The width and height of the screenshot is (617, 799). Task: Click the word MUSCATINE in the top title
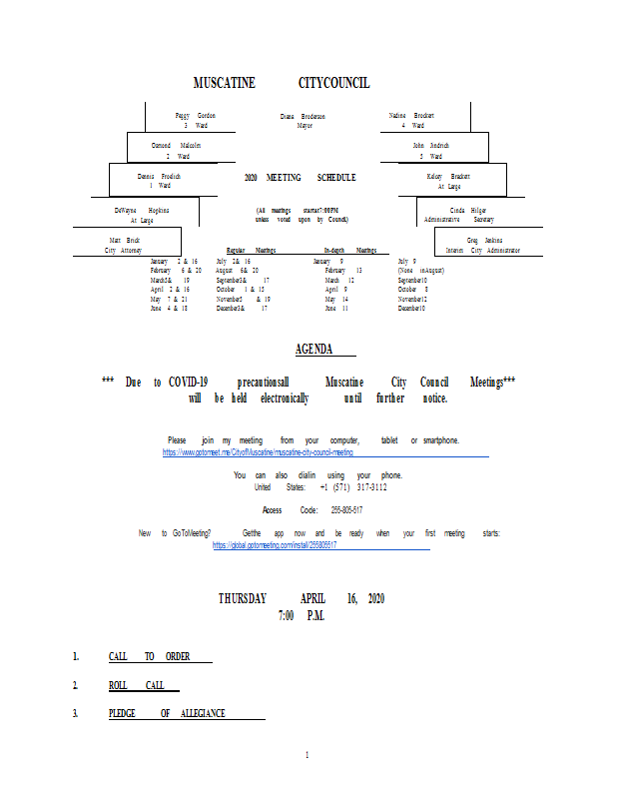[224, 82]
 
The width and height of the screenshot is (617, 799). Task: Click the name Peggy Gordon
[195, 116]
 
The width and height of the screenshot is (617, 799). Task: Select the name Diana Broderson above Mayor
[303, 117]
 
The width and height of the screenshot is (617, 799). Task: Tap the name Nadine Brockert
[411, 116]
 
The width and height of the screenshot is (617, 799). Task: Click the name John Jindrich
[431, 146]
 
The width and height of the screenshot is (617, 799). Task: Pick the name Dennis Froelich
[159, 176]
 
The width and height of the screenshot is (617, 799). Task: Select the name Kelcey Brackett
[448, 176]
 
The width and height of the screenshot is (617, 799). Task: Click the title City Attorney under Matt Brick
[125, 251]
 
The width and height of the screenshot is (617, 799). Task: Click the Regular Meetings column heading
[251, 251]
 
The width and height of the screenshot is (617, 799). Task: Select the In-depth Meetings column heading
[349, 251]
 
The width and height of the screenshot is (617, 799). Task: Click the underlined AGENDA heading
[313, 349]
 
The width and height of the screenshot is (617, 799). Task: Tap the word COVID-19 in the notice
[188, 383]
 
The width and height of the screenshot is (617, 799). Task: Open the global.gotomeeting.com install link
[276, 545]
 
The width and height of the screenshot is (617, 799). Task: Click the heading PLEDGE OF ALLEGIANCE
[167, 713]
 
